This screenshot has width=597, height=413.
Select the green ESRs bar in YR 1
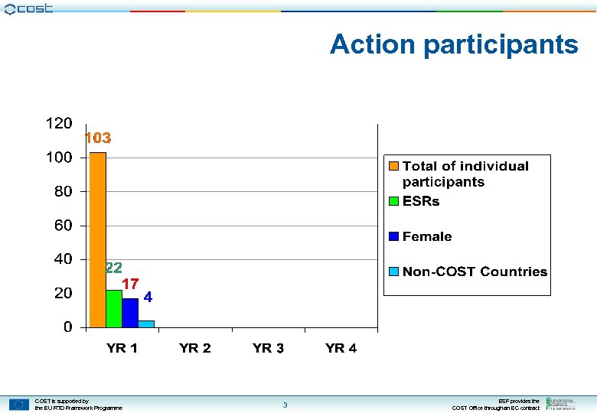click(x=114, y=308)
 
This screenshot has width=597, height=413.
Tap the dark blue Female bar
click(x=130, y=313)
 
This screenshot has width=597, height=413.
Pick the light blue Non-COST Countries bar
click(x=146, y=324)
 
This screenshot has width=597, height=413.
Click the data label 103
click(x=97, y=138)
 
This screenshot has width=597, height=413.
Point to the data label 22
click(x=113, y=268)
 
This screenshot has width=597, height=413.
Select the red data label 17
click(x=130, y=283)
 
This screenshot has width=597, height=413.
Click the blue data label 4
click(x=148, y=296)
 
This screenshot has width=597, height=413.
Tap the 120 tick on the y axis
click(x=59, y=123)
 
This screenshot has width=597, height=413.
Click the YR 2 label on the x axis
click(x=195, y=349)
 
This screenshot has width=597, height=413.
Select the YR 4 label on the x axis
click(x=341, y=349)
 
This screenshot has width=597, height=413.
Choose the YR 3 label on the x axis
click(x=268, y=349)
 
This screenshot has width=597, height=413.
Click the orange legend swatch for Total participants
click(x=393, y=167)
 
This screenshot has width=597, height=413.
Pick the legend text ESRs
click(x=421, y=201)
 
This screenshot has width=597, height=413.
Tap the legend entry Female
click(x=427, y=236)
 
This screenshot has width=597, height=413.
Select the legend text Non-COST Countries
click(x=475, y=272)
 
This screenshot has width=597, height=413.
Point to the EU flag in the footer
click(x=19, y=405)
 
